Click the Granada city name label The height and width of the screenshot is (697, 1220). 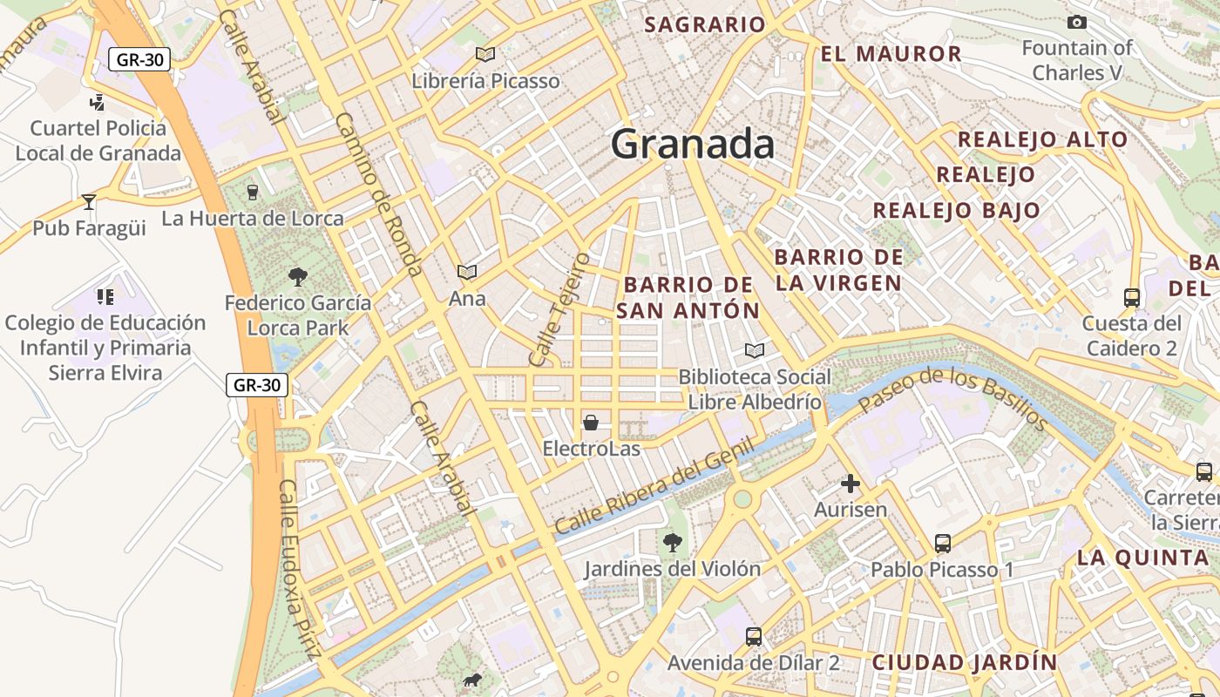pyautogui.click(x=692, y=144)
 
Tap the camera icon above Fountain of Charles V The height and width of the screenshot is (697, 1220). pyautogui.click(x=1077, y=23)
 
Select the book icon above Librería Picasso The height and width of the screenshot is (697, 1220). pyautogui.click(x=485, y=55)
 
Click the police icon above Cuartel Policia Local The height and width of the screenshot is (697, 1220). pyautogui.click(x=98, y=102)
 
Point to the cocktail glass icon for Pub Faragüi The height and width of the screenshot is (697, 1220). pyautogui.click(x=89, y=202)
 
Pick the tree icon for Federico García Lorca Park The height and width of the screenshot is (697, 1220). pyautogui.click(x=298, y=277)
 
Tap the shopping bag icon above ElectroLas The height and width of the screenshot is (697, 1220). pyautogui.click(x=591, y=423)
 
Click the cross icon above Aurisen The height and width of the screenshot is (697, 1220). pyautogui.click(x=851, y=484)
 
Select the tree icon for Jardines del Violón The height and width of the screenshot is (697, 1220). pyautogui.click(x=672, y=543)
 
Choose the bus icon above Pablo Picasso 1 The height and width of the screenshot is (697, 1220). pyautogui.click(x=943, y=544)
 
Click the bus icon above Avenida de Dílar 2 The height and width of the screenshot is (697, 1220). pyautogui.click(x=754, y=637)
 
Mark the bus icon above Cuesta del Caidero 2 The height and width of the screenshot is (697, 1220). pyautogui.click(x=1131, y=298)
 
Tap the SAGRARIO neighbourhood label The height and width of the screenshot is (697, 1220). pyautogui.click(x=704, y=24)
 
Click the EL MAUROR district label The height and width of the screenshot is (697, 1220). pyautogui.click(x=891, y=54)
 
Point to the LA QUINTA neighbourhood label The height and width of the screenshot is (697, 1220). pyautogui.click(x=1142, y=558)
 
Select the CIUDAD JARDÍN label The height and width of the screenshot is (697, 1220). pyautogui.click(x=965, y=662)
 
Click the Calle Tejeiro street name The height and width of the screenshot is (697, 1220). pyautogui.click(x=559, y=309)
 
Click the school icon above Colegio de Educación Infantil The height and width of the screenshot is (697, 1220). pyautogui.click(x=105, y=297)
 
